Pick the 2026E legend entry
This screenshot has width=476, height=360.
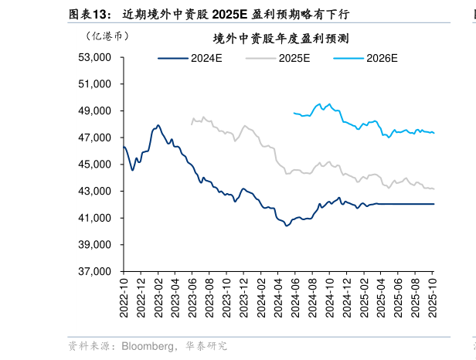click(x=382, y=57)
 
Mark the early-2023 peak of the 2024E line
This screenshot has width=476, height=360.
click(x=158, y=125)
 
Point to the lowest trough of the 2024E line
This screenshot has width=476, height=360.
click(x=287, y=225)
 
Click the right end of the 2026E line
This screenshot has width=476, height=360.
click(x=433, y=133)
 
